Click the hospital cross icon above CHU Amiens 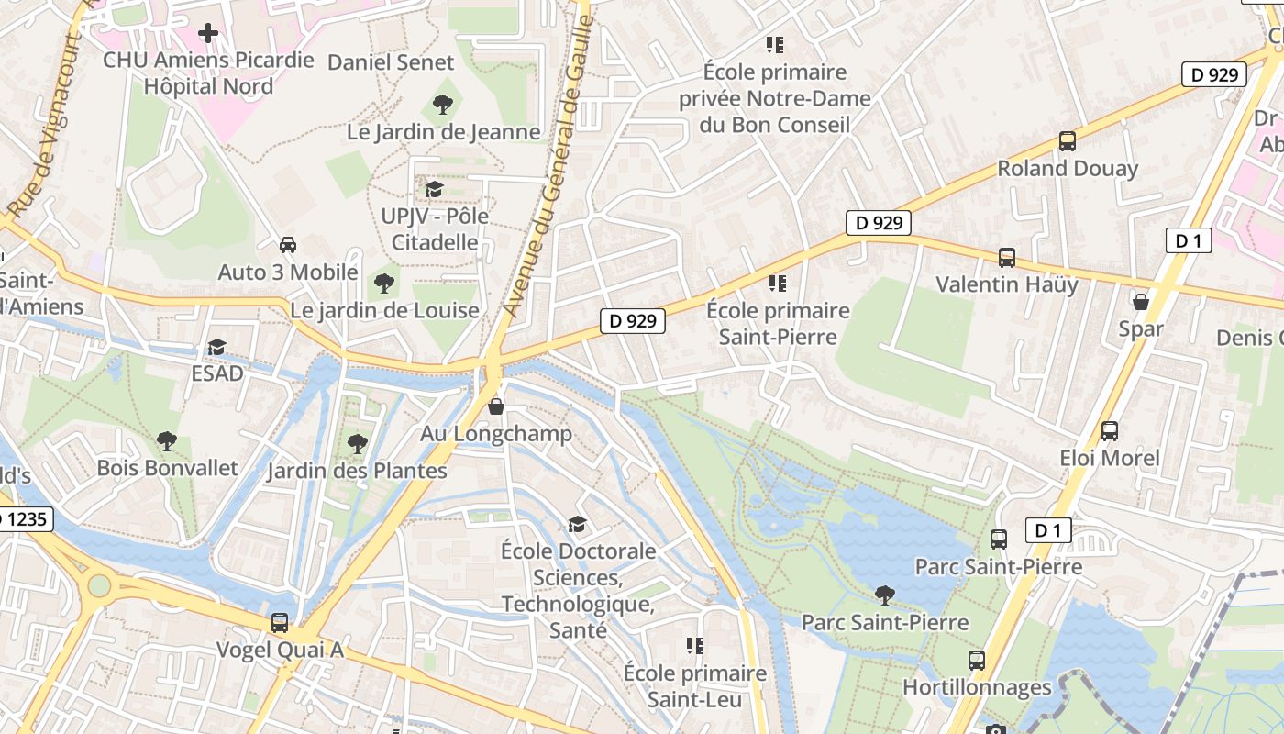click(208, 34)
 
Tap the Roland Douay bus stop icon click(1067, 141)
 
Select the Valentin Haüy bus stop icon click(1006, 257)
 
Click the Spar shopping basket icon click(1140, 301)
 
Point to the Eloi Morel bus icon click(1109, 430)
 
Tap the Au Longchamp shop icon click(496, 406)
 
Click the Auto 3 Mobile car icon click(287, 245)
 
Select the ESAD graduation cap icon click(216, 347)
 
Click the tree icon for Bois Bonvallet click(166, 441)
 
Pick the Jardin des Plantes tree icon click(357, 444)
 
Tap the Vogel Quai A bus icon click(280, 623)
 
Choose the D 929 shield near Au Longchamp click(632, 320)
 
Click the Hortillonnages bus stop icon click(977, 660)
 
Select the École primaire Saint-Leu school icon click(694, 646)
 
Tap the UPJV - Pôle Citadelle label click(435, 229)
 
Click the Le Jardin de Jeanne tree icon click(442, 105)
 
